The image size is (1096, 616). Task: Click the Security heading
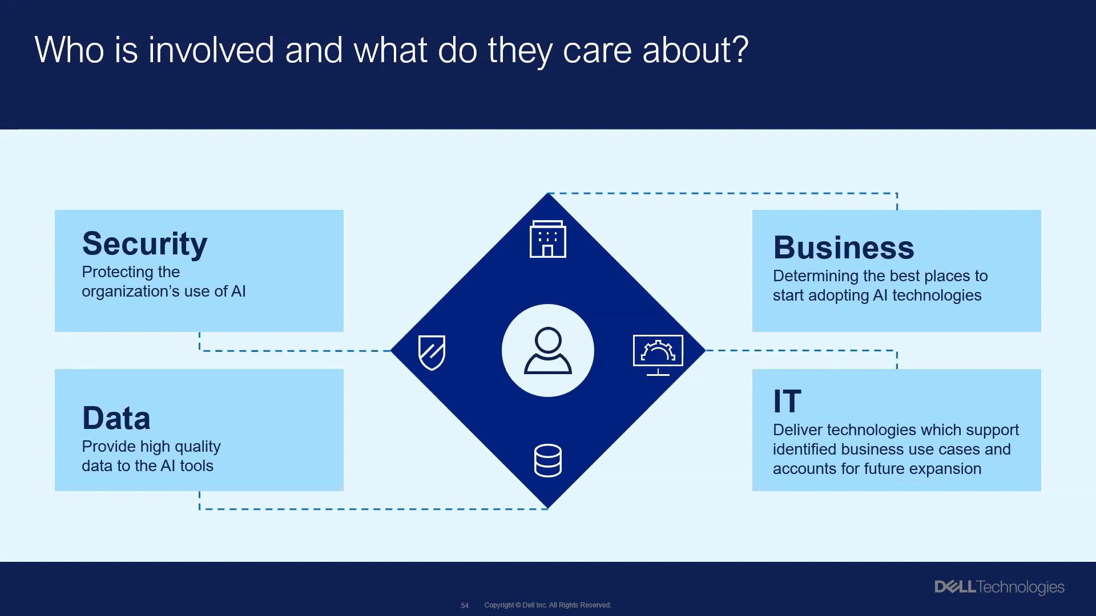tap(144, 244)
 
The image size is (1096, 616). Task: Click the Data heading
tap(116, 418)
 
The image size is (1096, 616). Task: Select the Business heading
tap(843, 248)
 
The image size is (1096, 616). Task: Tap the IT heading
tap(787, 402)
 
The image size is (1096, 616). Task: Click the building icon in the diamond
tap(547, 239)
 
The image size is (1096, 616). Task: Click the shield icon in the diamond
tap(432, 352)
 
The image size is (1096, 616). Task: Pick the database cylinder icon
tap(547, 460)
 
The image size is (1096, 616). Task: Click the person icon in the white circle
tap(547, 350)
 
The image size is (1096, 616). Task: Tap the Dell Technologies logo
tap(999, 587)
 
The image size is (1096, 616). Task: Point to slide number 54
tap(465, 605)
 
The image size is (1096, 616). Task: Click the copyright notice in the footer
tap(547, 605)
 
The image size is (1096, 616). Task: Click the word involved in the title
tap(211, 50)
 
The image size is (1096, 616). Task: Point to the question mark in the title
tap(740, 50)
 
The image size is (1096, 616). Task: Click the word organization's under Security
tap(130, 291)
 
